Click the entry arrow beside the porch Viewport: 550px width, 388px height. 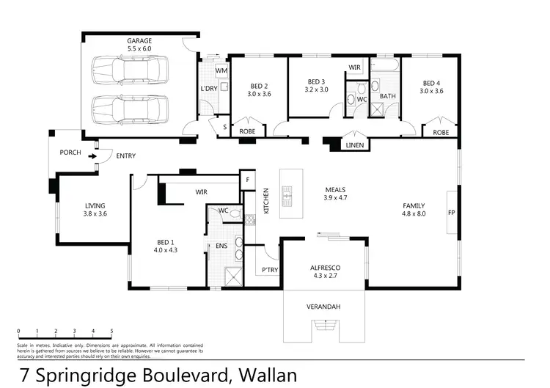tap(92, 156)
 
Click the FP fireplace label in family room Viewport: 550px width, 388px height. tap(451, 213)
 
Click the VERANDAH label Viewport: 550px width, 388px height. tap(323, 307)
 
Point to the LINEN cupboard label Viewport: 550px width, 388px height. tap(355, 145)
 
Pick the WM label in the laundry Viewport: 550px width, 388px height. tap(221, 70)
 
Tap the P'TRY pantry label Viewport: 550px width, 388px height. tap(268, 270)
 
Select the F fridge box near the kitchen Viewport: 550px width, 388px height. tap(247, 179)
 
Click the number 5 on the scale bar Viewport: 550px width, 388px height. tap(111, 331)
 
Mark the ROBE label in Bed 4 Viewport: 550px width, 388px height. tap(440, 133)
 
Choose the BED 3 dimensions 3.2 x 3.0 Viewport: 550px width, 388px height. tap(316, 90)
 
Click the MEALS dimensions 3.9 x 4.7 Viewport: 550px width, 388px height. tap(335, 198)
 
